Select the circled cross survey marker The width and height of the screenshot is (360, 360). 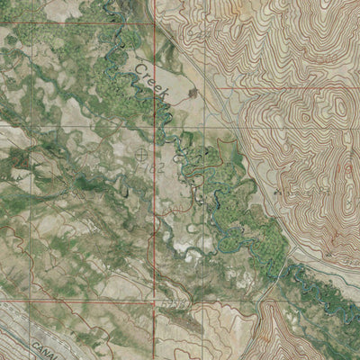(141, 155)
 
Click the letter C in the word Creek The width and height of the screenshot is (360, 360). (140, 69)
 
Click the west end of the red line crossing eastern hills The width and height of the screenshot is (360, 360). (217, 88)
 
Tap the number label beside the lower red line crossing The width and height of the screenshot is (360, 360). (171, 306)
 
